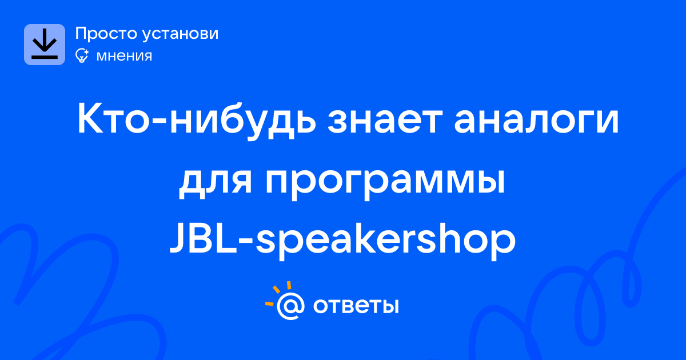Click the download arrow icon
[x=45, y=45]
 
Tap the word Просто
[x=106, y=33]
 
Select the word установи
[x=181, y=33]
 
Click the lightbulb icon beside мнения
[x=82, y=55]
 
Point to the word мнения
[x=124, y=56]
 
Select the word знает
[x=385, y=121]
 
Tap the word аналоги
[x=536, y=121]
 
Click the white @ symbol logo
[x=290, y=306]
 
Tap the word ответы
[x=356, y=306]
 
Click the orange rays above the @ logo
[x=277, y=293]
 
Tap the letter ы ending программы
[x=490, y=182]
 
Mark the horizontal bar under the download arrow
[x=45, y=57]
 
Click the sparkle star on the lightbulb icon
[x=86, y=51]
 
